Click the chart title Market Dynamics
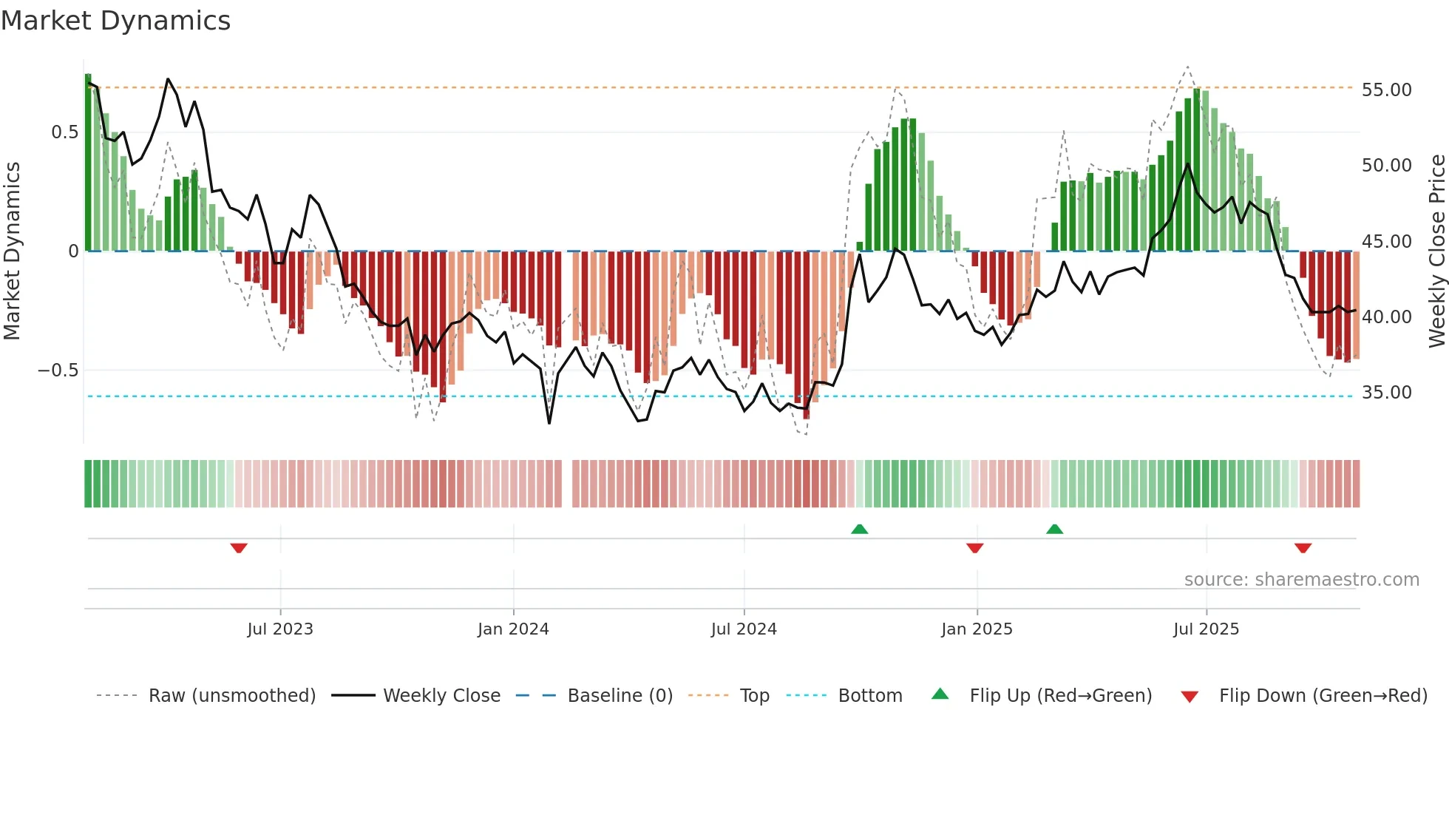click(115, 21)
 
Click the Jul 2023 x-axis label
click(280, 629)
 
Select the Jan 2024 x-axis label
click(513, 629)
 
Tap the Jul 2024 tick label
click(744, 629)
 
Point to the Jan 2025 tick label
click(977, 629)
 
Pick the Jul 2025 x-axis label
click(1206, 629)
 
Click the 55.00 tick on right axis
click(1386, 90)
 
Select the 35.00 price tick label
click(1386, 393)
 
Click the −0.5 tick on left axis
click(58, 371)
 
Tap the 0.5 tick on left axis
click(64, 132)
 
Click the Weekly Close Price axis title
click(1436, 251)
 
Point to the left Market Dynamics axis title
click(12, 251)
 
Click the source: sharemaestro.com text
click(1301, 580)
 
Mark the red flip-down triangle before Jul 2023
click(239, 548)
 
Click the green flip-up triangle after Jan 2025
click(1055, 529)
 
